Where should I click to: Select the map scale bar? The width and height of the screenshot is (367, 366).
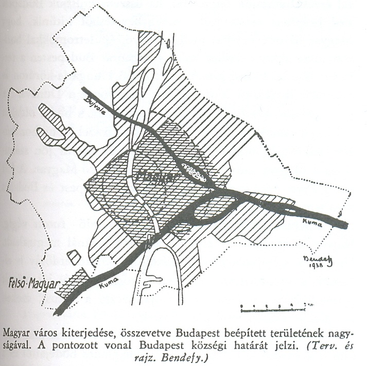264,309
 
